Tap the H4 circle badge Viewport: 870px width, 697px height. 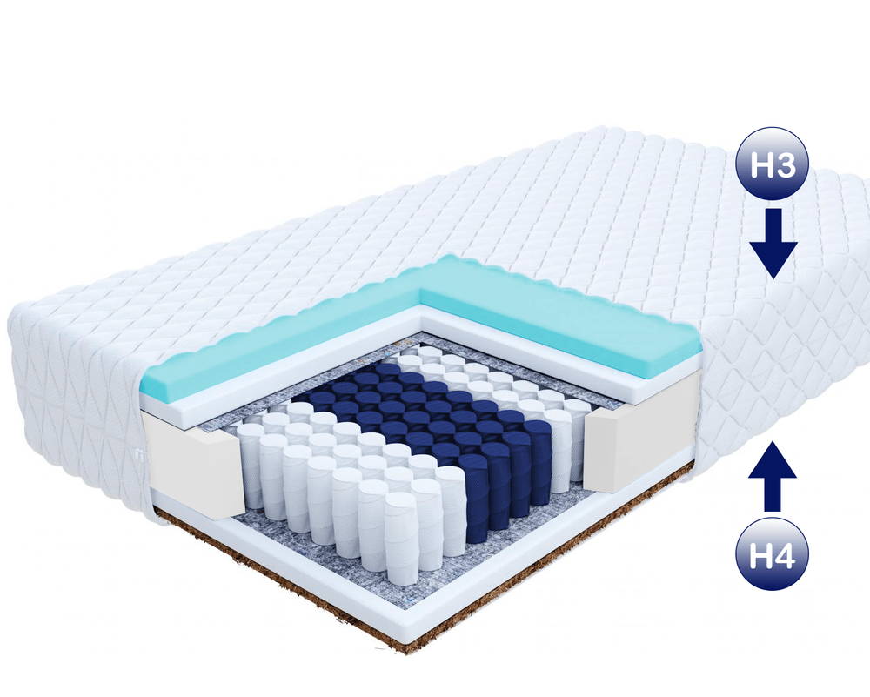pyautogui.click(x=772, y=555)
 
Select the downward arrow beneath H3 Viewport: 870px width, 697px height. pyautogui.click(x=773, y=244)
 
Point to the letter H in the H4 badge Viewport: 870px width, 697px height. pyautogui.click(x=760, y=556)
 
